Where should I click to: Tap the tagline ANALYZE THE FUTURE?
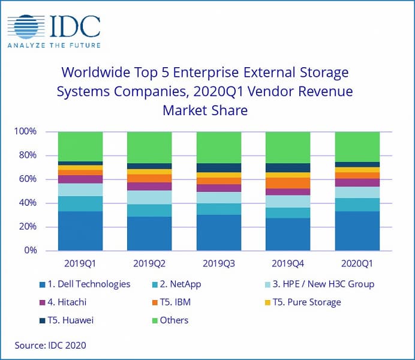[53, 45]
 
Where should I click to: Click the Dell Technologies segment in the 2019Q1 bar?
[80, 231]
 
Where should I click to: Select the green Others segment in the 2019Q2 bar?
[149, 147]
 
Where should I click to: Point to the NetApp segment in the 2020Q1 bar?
[357, 205]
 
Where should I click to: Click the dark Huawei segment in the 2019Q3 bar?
[218, 168]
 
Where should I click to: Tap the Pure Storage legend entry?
[305, 302]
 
